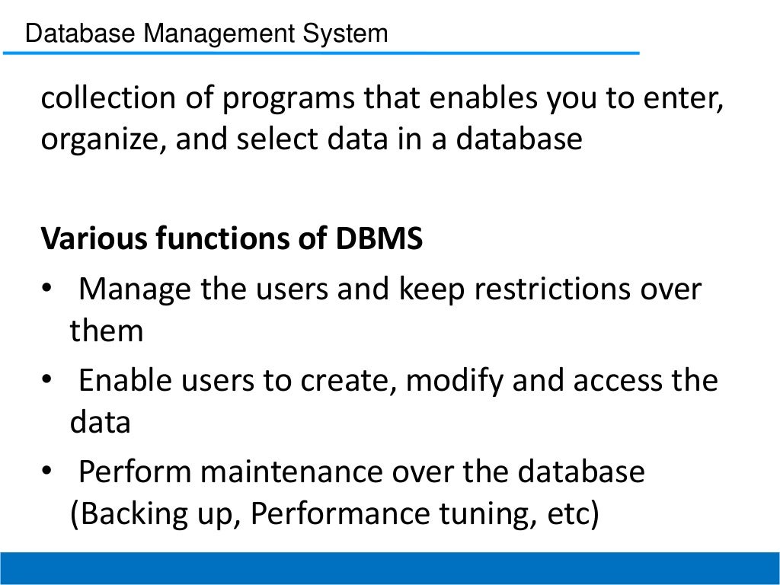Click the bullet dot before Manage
[x=46, y=289]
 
